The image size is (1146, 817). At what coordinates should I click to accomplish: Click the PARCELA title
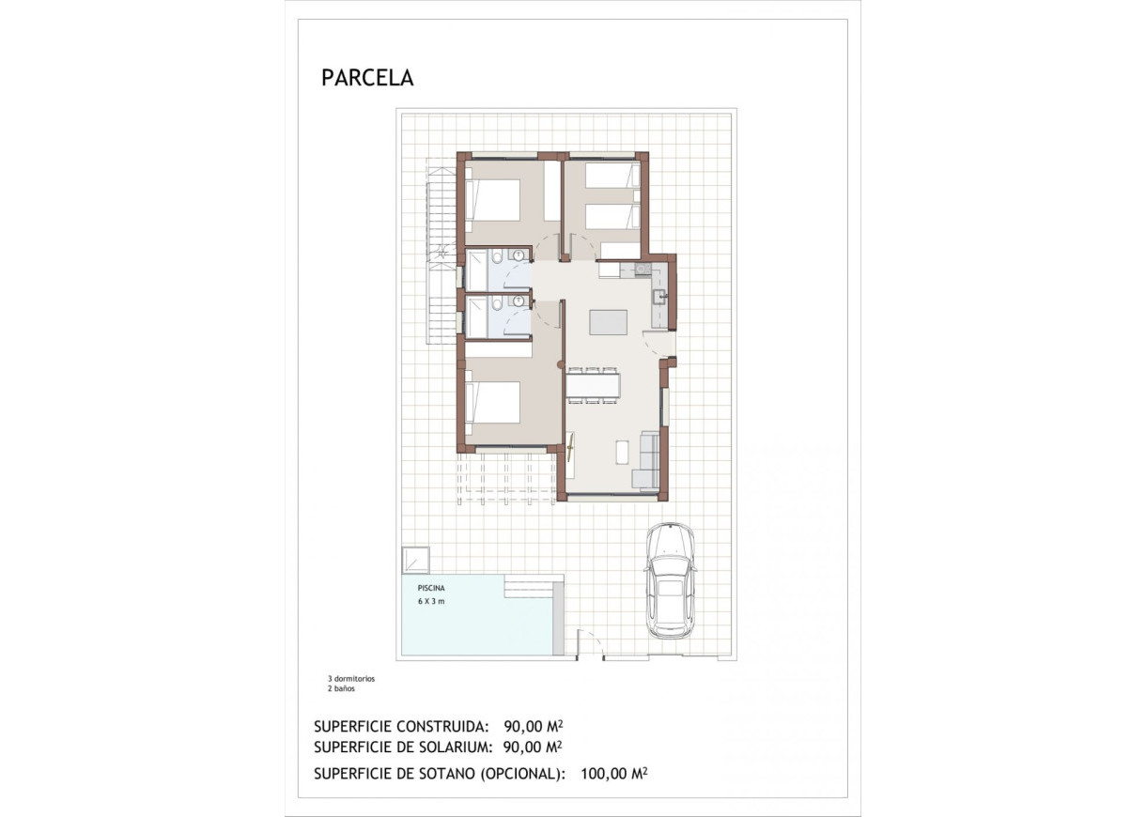pos(367,78)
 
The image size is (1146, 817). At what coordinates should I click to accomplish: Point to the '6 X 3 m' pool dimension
pos(431,601)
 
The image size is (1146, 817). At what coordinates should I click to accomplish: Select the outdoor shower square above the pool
pos(414,560)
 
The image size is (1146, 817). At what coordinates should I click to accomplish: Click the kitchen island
pos(609,322)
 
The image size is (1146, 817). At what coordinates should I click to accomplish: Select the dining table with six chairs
pos(592,385)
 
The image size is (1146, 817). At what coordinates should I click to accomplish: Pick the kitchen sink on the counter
pos(660,298)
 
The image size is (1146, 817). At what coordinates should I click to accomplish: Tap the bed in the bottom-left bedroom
pos(493,402)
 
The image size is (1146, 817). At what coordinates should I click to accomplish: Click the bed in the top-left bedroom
pos(493,200)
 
